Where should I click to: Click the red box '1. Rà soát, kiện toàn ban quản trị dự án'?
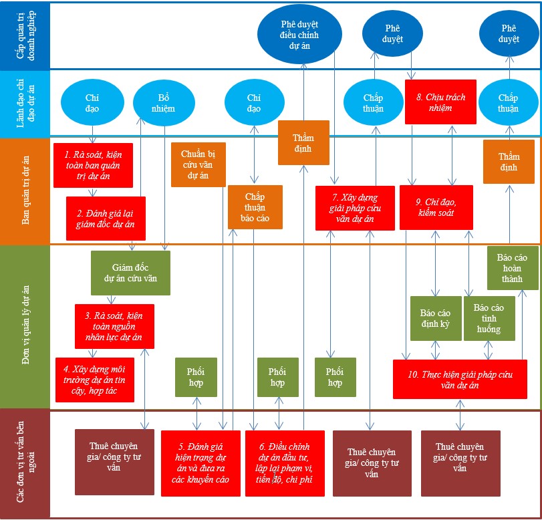93,164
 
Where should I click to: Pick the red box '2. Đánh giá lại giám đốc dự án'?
106,219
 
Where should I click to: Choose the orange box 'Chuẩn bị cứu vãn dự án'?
198,164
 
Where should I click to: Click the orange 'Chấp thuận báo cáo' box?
255,207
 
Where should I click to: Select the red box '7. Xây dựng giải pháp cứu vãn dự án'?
355,208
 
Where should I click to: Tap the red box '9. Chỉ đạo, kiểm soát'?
436,207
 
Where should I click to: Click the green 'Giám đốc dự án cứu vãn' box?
130,273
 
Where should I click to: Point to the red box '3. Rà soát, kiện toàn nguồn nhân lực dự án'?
114,326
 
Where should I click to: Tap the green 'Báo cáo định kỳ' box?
435,318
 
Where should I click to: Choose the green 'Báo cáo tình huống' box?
489,318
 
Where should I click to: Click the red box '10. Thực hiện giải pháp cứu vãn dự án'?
459,379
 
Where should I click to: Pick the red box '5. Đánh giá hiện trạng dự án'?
200,463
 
